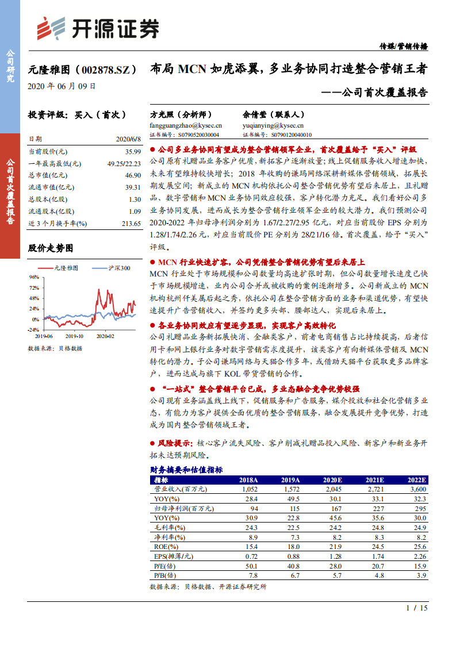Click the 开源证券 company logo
tap(98, 28)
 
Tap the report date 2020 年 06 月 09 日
tap(62, 86)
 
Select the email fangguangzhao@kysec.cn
tap(185, 125)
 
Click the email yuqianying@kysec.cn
tap(273, 125)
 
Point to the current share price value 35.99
tap(132, 151)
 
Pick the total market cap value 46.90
tap(132, 175)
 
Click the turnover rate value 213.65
tap(131, 223)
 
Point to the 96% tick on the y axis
tap(33, 277)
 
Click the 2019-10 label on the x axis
tap(74, 335)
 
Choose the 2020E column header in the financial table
tap(332, 480)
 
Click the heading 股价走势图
tap(51, 248)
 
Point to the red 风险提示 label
tap(175, 443)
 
